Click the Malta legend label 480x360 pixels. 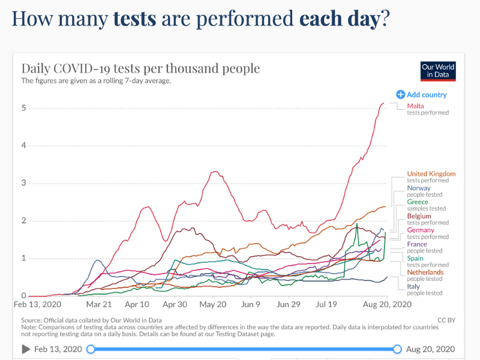pos(415,106)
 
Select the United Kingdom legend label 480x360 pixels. pos(431,174)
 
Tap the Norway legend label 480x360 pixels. pos(419,188)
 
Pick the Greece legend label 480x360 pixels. pos(418,202)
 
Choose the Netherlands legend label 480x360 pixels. pos(425,272)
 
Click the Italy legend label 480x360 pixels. pos(413,287)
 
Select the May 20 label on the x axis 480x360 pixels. pos(212,305)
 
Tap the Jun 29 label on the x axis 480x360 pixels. pos(287,305)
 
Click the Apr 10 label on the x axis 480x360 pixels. pos(138,305)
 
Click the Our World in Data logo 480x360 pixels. pos(438,71)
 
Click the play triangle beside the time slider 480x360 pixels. pos(26,349)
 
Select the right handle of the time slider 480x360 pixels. pos(397,349)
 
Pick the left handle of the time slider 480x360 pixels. pos(90,349)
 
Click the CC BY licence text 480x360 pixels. pos(446,320)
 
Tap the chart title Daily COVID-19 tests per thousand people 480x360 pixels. pos(140,68)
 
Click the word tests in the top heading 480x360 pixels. pos(134,19)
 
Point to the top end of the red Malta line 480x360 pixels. pos(384,103)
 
